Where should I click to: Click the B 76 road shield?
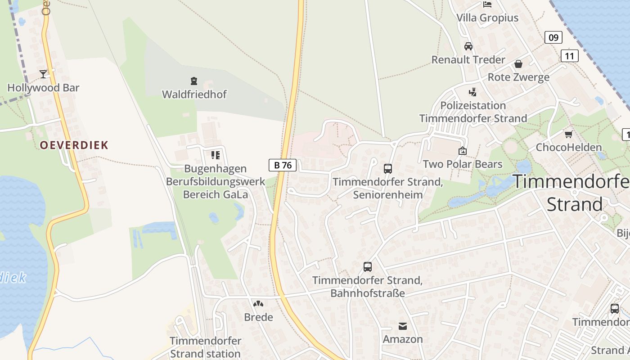coord(283,165)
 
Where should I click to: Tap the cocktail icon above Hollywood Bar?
coord(43,74)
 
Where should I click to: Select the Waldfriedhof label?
coord(194,94)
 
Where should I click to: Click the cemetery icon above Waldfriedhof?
coord(194,81)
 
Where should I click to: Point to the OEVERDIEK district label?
coord(74,145)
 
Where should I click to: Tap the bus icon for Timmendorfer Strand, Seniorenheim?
coord(387,169)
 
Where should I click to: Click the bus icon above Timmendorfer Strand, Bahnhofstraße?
coord(368,267)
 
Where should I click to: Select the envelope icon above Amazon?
coord(403,326)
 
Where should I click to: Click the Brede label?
coord(258,317)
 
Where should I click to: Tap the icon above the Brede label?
coord(258,304)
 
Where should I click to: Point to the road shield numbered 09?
coord(553,37)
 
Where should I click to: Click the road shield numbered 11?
coord(569,56)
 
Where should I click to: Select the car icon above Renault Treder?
coord(468,46)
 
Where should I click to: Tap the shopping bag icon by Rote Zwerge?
coord(518,64)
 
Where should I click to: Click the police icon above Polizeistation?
coord(472,92)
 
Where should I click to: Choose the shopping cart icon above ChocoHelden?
coord(568,134)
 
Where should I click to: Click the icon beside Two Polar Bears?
coord(462,151)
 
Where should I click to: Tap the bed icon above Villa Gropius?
coord(487,4)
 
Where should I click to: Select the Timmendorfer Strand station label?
coord(205,347)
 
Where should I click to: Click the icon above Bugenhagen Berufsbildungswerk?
coord(216,155)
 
